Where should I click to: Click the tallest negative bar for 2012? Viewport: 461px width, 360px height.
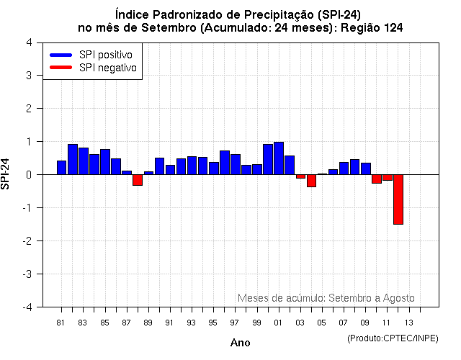pyautogui.click(x=398, y=199)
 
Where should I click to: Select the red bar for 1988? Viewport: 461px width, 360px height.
pyautogui.click(x=137, y=180)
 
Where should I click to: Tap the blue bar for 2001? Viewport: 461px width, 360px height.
pyautogui.click(x=279, y=158)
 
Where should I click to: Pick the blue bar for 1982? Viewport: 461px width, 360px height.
pyautogui.click(x=72, y=159)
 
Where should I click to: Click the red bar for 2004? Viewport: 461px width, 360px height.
pyautogui.click(x=311, y=181)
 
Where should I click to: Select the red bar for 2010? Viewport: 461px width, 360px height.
pyautogui.click(x=376, y=179)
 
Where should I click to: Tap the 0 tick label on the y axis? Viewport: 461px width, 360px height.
pyautogui.click(x=29, y=174)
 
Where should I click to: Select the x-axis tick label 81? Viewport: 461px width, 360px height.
pyautogui.click(x=61, y=322)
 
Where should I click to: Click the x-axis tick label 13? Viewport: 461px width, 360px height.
pyautogui.click(x=408, y=322)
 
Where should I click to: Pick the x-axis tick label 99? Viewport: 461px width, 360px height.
pyautogui.click(x=257, y=322)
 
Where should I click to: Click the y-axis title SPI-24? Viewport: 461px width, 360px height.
pyautogui.click(x=6, y=174)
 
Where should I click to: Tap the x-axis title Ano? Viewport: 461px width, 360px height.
pyautogui.click(x=240, y=343)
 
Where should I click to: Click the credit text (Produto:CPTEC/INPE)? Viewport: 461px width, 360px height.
pyautogui.click(x=393, y=338)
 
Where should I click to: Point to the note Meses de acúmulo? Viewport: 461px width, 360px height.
pyautogui.click(x=326, y=297)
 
